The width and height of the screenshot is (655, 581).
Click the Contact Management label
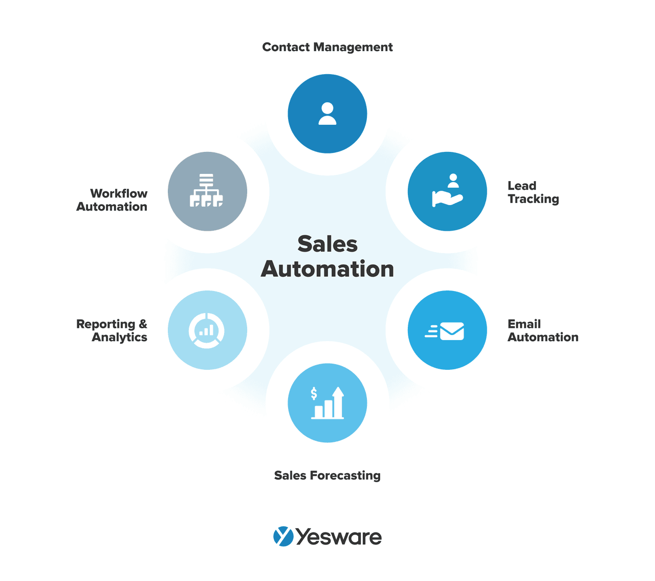point(327,47)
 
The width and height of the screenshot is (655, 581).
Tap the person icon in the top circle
point(327,114)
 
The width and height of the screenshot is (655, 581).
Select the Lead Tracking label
point(533,192)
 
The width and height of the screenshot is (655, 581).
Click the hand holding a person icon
point(447,191)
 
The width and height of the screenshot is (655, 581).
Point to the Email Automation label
point(542,330)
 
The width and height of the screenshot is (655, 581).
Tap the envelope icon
point(451,331)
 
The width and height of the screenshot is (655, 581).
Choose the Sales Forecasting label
point(327,476)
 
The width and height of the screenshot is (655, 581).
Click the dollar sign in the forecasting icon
point(314,393)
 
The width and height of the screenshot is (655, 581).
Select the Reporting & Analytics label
point(112,330)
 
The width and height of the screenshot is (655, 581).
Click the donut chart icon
point(207,330)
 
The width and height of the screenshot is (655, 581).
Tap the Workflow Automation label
point(112,200)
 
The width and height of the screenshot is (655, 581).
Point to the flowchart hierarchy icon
point(207,191)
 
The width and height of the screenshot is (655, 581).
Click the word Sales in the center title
point(327,244)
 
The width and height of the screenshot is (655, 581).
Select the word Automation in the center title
point(327,269)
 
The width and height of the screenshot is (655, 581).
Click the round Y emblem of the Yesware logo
point(283,537)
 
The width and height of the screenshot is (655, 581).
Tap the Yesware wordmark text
point(339,538)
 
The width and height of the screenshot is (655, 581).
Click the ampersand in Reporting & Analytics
point(143,324)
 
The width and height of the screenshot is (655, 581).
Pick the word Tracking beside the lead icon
point(533,199)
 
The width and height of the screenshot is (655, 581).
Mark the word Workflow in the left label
point(119,193)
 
